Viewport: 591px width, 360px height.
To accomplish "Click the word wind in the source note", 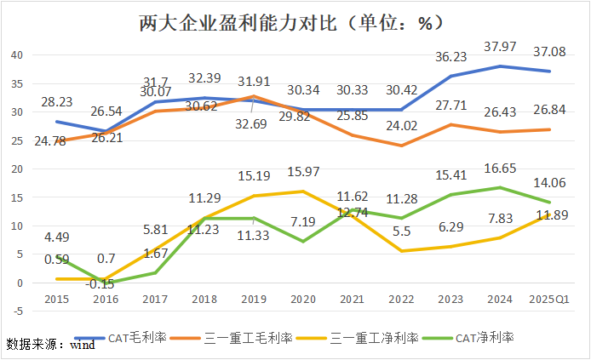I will pos(82,345).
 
